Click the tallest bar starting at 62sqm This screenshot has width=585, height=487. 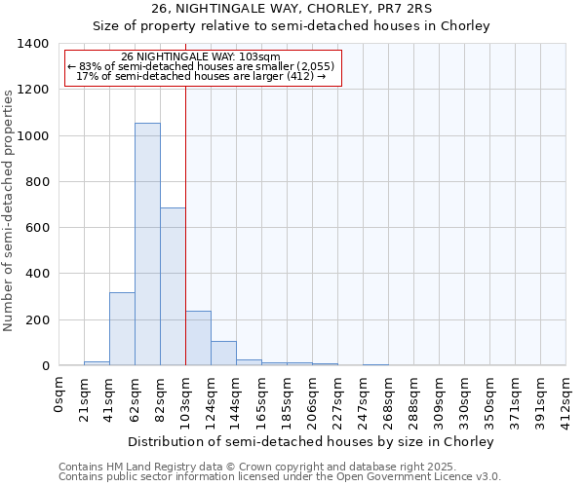pos(147,243)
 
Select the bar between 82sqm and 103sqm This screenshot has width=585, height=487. pos(173,286)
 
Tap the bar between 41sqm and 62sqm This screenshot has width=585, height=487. pos(122,328)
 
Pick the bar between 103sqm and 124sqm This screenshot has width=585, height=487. pos(198,338)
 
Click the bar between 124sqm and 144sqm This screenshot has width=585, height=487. pos(223,353)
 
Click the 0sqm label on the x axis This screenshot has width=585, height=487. pos(59,395)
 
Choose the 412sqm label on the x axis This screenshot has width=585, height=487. pos(565,400)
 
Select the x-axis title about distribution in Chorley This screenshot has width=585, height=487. pos(312,441)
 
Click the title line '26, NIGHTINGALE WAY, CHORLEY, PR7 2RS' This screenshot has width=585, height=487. pos(292,9)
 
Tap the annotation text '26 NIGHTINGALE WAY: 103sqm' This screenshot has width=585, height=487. pos(203,56)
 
